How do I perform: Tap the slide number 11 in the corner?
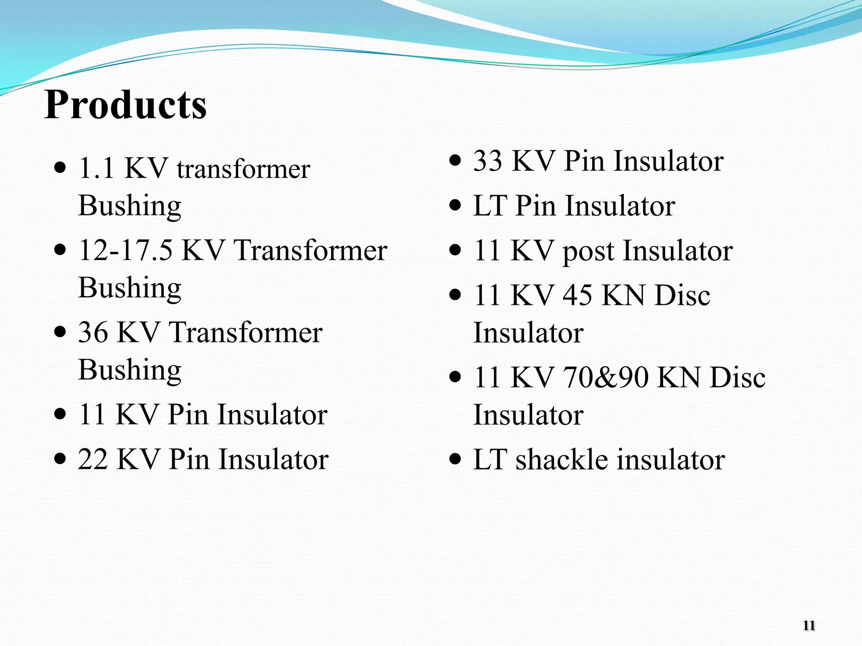[809, 625]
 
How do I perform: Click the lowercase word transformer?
[243, 169]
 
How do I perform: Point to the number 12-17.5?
[125, 250]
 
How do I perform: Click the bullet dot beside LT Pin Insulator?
[455, 206]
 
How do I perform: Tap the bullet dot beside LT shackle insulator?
[455, 459]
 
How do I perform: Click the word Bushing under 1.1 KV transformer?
[130, 206]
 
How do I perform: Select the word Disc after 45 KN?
[682, 295]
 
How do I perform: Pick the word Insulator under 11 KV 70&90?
[528, 415]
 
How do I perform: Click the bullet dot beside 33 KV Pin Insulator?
[455, 161]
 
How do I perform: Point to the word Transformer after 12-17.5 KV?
[310, 250]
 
